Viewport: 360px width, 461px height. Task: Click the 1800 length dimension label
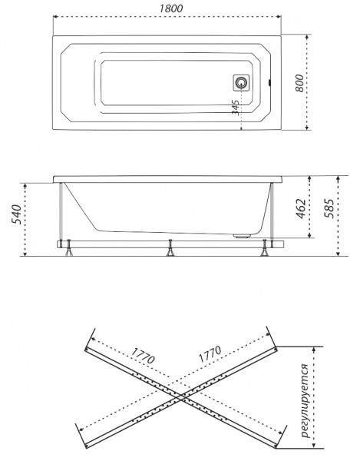click(171, 8)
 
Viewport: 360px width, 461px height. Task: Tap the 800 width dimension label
click(299, 83)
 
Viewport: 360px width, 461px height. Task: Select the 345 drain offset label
click(236, 108)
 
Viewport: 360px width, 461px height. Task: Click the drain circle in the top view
click(242, 83)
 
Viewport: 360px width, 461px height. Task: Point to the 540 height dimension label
click(16, 214)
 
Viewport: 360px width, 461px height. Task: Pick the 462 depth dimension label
click(300, 209)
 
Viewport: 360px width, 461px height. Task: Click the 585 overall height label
click(329, 208)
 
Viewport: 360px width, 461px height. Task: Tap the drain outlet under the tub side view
click(243, 235)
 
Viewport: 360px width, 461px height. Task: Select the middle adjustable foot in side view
click(170, 248)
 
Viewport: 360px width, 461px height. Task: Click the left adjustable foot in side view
click(69, 248)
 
